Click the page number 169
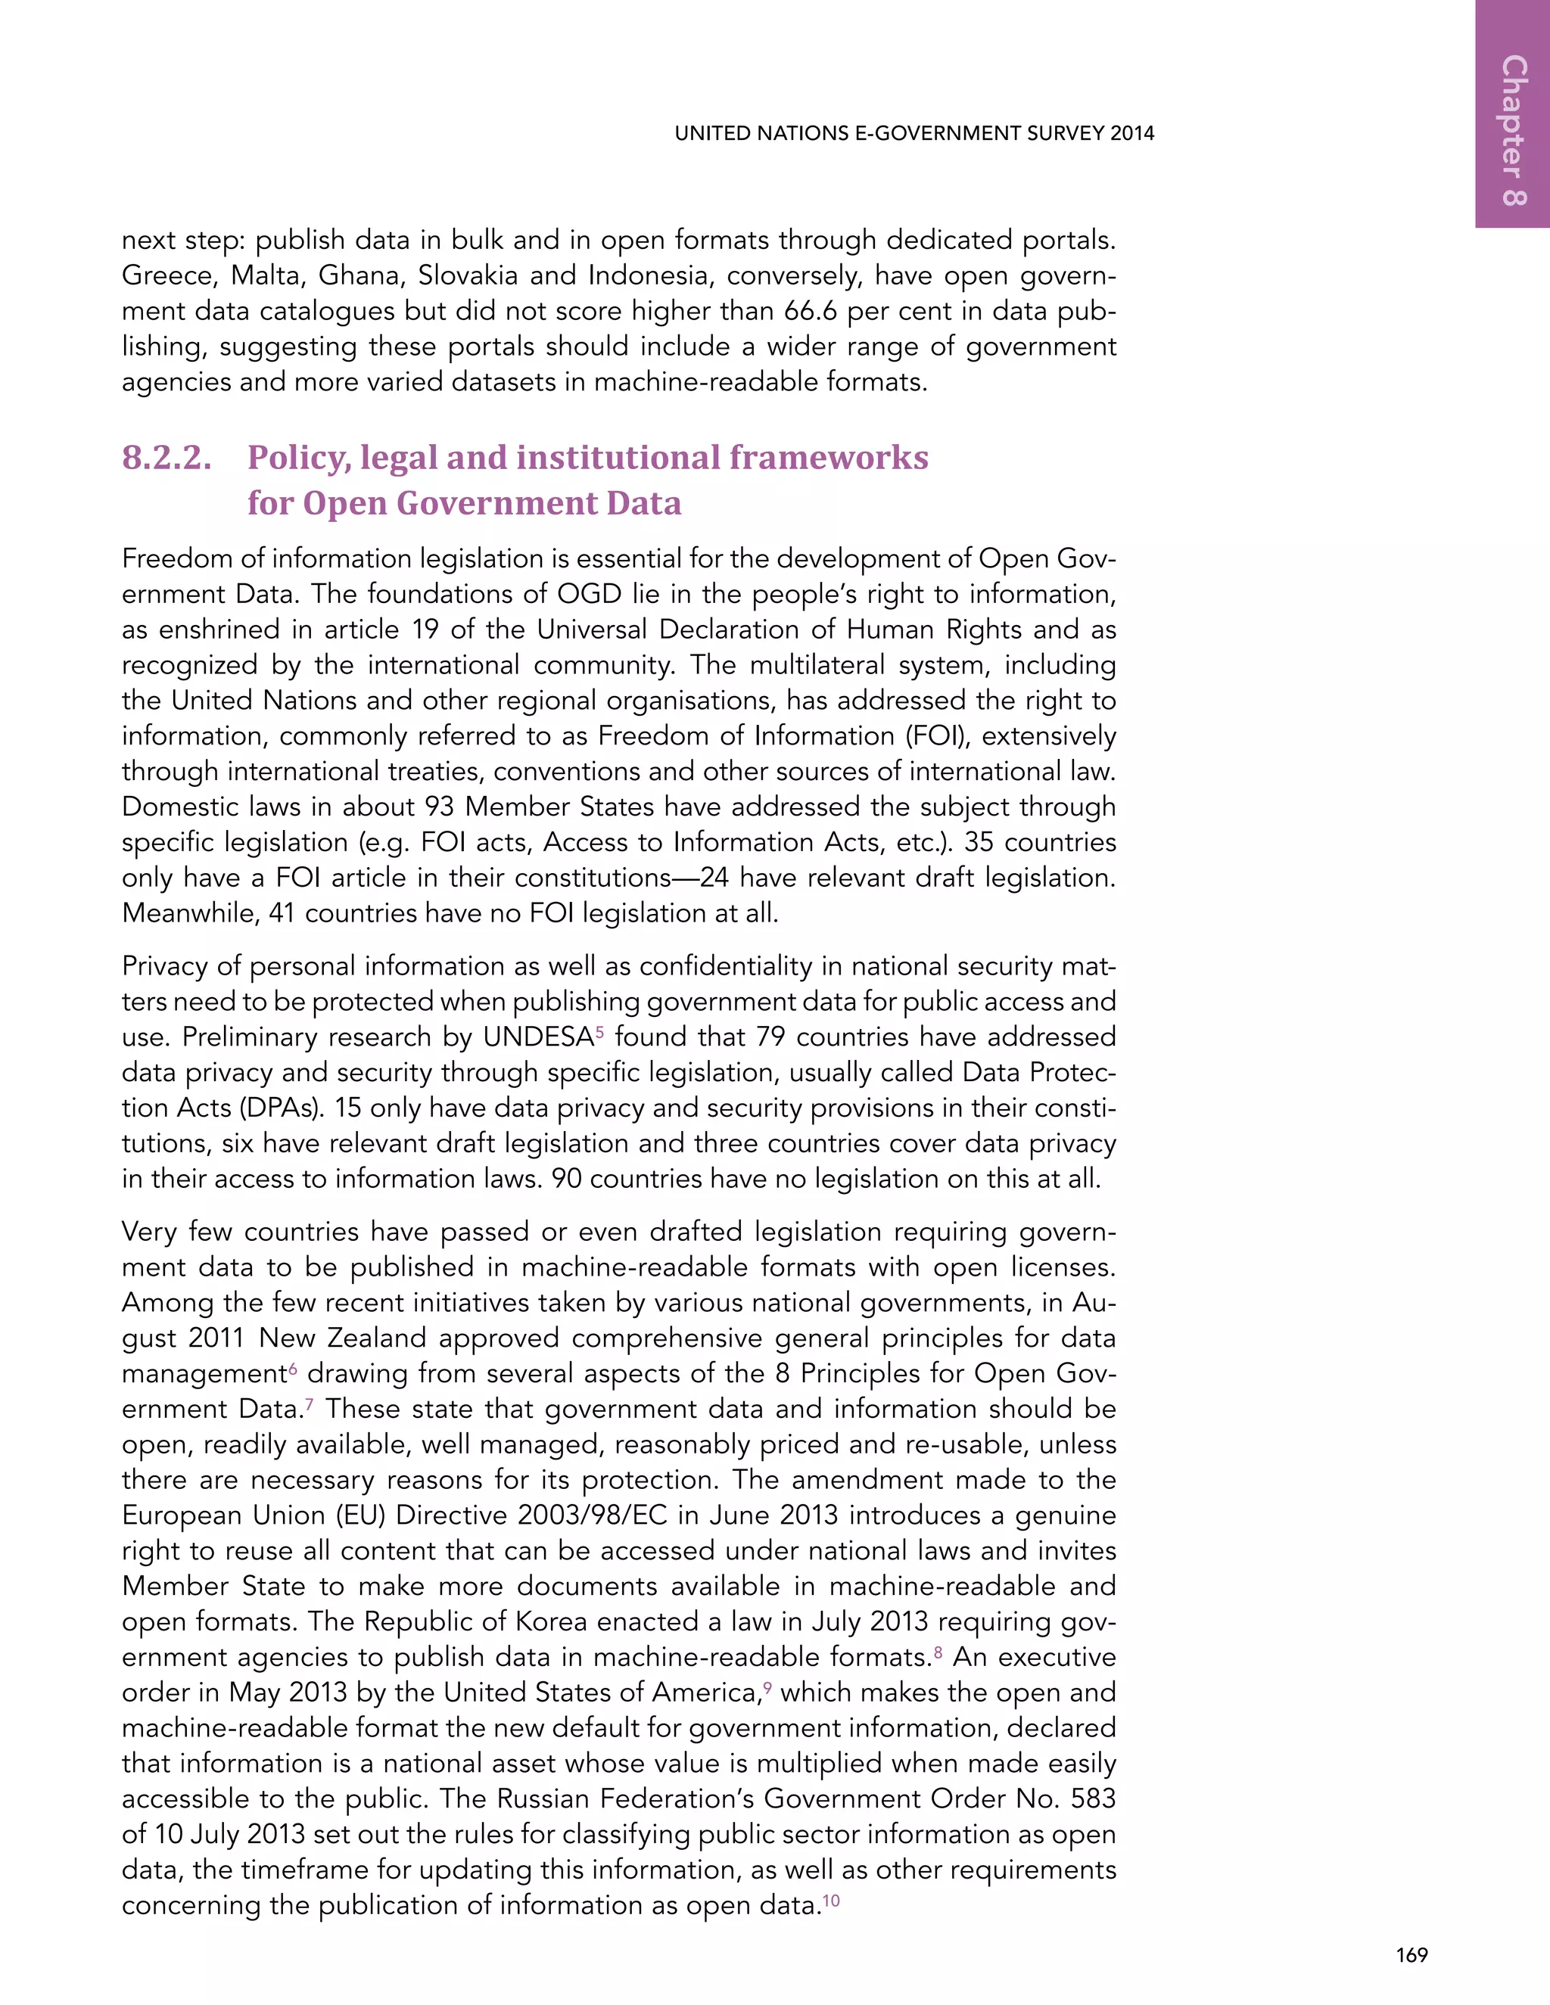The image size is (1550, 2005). (x=1411, y=1954)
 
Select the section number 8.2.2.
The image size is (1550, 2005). (x=167, y=457)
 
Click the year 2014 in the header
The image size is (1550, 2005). (x=1131, y=133)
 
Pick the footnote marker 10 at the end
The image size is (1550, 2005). (x=831, y=1899)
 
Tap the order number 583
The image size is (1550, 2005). (x=1093, y=1799)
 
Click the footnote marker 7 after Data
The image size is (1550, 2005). (x=310, y=1403)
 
